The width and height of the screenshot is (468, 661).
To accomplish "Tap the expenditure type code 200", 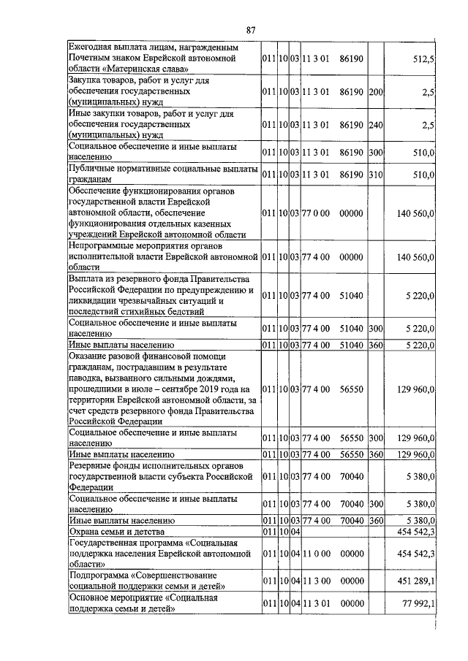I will point(376,92).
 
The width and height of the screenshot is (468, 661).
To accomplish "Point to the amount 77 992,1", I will point(414,603).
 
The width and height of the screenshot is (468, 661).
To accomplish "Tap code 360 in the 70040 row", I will point(376,521).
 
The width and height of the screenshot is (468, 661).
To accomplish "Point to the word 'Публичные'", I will point(94,169).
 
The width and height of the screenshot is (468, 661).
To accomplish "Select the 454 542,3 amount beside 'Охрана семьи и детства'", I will point(413,533).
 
